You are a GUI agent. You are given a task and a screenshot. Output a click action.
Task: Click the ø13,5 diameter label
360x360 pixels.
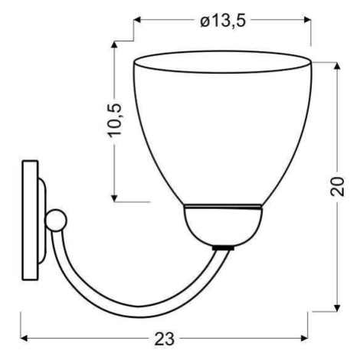point(223,21)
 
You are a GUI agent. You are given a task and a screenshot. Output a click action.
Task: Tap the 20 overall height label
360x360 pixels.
point(337,186)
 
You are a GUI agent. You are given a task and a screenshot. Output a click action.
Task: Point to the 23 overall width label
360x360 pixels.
point(164,339)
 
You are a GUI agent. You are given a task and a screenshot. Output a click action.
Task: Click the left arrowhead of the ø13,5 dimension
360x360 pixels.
point(137,20)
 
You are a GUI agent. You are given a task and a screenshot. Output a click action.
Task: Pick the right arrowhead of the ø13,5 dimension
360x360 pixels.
point(307,20)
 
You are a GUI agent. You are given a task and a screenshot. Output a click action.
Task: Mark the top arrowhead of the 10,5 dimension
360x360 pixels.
point(114,44)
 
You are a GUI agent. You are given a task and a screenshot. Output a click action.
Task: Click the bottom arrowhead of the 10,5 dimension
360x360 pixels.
point(114,198)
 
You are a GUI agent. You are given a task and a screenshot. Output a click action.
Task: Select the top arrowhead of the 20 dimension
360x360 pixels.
point(337,66)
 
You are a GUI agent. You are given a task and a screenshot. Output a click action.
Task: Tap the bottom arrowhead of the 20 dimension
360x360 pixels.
point(337,308)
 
